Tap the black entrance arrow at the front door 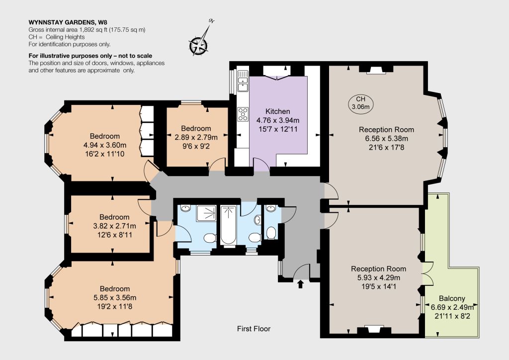pyautogui.click(x=301, y=284)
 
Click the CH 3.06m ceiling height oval pyautogui.click(x=361, y=103)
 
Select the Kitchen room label pyautogui.click(x=277, y=111)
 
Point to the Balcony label pyautogui.click(x=452, y=298)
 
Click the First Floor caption pyautogui.click(x=254, y=329)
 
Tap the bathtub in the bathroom pyautogui.click(x=228, y=225)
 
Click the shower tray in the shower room pyautogui.click(x=206, y=213)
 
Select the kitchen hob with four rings pyautogui.click(x=243, y=114)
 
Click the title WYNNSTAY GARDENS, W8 pyautogui.click(x=68, y=22)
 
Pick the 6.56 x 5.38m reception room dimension pyautogui.click(x=387, y=139)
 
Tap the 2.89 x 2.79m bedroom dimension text pyautogui.click(x=196, y=137)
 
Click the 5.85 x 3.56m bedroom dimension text pyautogui.click(x=115, y=297)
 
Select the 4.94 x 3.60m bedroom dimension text pyautogui.click(x=105, y=145)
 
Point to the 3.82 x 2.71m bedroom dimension pyautogui.click(x=115, y=226)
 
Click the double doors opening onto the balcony pyautogui.click(x=427, y=273)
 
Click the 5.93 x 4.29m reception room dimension pyautogui.click(x=378, y=277)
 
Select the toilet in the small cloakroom pyautogui.click(x=271, y=233)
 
